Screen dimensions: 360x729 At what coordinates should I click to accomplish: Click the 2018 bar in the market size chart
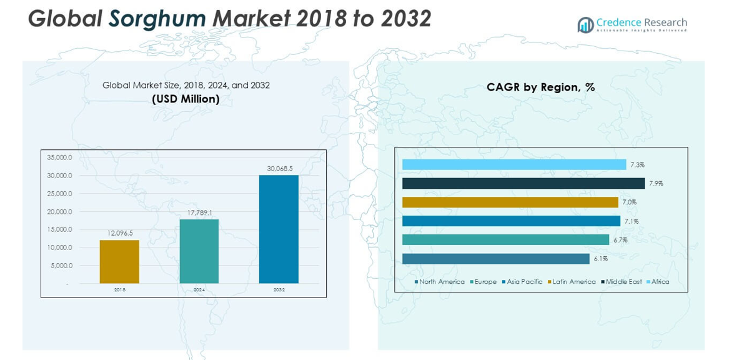pos(119,261)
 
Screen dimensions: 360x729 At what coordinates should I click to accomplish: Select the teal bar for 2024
pos(199,251)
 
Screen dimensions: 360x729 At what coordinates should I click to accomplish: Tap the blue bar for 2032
pos(279,229)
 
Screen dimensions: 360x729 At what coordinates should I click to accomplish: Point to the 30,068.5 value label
pos(279,169)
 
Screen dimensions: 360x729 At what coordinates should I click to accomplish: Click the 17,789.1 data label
pos(199,213)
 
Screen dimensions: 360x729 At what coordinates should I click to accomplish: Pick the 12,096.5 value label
pos(120,233)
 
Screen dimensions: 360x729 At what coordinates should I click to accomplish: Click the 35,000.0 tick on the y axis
pos(59,157)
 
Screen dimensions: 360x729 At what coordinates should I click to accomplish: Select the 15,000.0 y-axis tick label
pos(59,229)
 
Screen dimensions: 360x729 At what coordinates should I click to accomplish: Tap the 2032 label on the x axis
pos(279,290)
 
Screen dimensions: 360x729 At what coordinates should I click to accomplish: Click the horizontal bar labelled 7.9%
pos(523,183)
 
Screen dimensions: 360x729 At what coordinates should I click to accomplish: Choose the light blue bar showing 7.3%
pos(513,164)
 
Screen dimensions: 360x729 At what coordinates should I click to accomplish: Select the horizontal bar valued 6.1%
pos(495,259)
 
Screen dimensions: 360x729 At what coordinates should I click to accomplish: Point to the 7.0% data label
pos(629,202)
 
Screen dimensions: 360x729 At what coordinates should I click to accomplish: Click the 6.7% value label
pos(620,240)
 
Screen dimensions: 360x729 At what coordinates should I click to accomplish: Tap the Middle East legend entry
pos(623,282)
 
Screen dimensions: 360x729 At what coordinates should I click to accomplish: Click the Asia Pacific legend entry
pos(524,282)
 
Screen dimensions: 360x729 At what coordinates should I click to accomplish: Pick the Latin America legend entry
pos(573,282)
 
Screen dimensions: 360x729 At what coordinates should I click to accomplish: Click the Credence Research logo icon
pos(585,25)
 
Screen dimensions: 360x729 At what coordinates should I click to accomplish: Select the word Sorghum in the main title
pos(157,19)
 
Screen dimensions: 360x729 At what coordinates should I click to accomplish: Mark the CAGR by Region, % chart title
pos(540,87)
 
